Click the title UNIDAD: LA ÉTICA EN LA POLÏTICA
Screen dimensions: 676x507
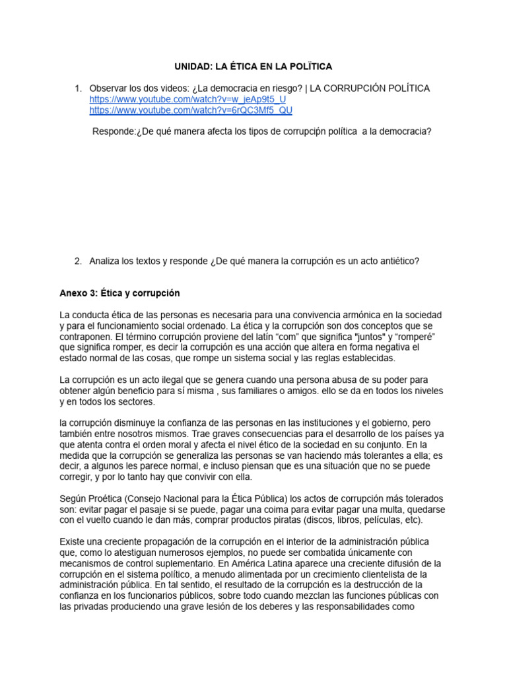tap(253, 67)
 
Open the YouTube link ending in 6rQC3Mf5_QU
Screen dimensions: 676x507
tap(191, 110)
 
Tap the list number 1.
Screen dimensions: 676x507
tap(77, 88)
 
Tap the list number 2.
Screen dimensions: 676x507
tap(77, 261)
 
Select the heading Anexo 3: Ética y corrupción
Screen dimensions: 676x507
tap(119, 292)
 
